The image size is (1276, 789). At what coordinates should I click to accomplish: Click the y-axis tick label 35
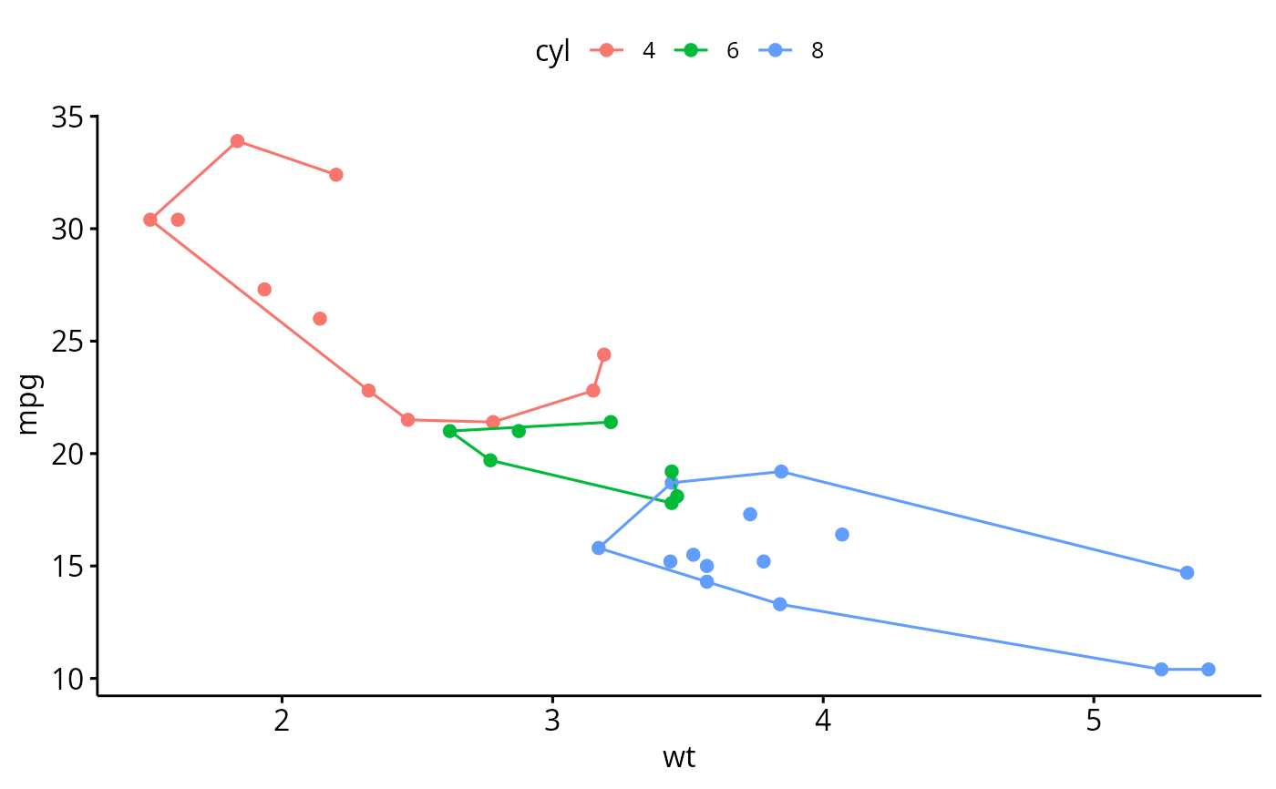[x=67, y=118]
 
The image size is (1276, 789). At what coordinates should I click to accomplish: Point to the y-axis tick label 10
[x=67, y=680]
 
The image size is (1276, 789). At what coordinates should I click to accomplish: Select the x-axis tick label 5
[x=1093, y=722]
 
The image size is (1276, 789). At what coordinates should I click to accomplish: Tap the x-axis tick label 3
[x=551, y=722]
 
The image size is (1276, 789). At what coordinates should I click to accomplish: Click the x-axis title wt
[x=679, y=758]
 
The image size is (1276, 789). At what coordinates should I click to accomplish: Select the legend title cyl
[x=552, y=51]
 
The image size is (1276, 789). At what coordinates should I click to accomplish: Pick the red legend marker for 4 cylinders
[x=607, y=51]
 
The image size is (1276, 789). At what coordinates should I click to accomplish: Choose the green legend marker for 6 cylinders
[x=691, y=51]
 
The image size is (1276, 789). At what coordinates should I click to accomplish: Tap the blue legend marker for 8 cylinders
[x=775, y=51]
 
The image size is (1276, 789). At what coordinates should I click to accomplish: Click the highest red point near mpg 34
[x=237, y=141]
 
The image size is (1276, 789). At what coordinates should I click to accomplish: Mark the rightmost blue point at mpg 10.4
[x=1208, y=670]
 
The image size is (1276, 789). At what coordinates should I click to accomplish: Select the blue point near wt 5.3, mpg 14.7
[x=1187, y=573]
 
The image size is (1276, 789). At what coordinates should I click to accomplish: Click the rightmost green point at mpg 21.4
[x=611, y=422]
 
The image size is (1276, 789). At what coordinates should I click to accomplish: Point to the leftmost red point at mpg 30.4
[x=150, y=220]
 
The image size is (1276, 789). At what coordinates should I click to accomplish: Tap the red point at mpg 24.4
[x=603, y=354]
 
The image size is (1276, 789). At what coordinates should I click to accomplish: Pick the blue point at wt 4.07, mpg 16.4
[x=842, y=535]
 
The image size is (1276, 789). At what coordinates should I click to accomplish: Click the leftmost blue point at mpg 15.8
[x=599, y=548]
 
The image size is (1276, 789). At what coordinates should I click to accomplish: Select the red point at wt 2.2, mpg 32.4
[x=335, y=175]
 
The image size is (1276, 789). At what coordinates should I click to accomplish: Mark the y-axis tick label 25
[x=67, y=343]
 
